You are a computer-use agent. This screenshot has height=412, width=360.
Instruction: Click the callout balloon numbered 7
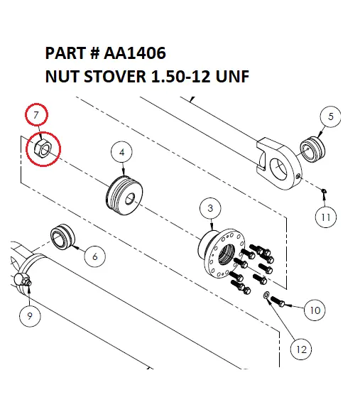pyautogui.click(x=38, y=116)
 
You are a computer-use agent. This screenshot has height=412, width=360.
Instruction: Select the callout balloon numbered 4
pyautogui.click(x=122, y=153)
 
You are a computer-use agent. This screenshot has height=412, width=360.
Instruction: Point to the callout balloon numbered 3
pyautogui.click(x=210, y=208)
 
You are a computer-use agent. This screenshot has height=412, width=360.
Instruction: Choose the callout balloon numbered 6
pyautogui.click(x=94, y=256)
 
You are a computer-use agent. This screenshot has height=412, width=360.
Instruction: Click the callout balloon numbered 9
pyautogui.click(x=30, y=317)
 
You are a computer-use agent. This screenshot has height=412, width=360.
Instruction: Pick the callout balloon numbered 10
pyautogui.click(x=315, y=310)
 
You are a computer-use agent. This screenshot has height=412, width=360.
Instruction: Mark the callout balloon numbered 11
pyautogui.click(x=325, y=216)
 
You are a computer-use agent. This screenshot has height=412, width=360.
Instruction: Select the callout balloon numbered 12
pyautogui.click(x=301, y=349)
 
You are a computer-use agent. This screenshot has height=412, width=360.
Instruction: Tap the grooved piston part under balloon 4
pyautogui.click(x=126, y=194)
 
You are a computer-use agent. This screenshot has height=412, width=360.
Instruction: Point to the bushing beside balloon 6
pyautogui.click(x=62, y=237)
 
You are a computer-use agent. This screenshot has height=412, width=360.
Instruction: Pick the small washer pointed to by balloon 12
pyautogui.click(x=266, y=294)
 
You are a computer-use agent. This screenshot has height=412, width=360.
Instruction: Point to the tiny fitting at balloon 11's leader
pyautogui.click(x=323, y=190)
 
